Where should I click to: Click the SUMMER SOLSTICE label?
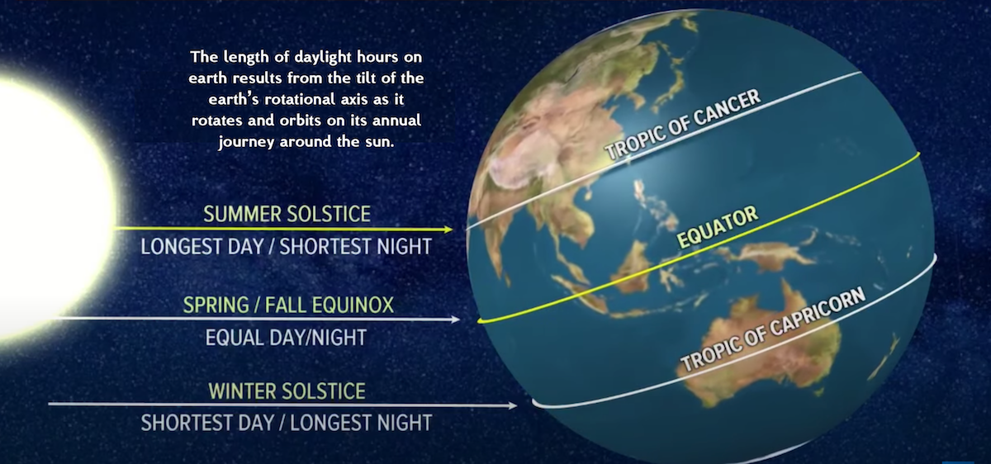point(287,214)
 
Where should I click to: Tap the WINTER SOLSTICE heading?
point(287,391)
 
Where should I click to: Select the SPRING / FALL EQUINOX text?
point(288,305)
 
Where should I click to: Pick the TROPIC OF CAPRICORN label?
point(772,329)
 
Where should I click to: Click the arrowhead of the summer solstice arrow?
point(448,230)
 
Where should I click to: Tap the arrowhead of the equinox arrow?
point(455,320)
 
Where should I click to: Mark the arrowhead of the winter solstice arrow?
point(512,405)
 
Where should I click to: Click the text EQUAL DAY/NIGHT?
point(287,338)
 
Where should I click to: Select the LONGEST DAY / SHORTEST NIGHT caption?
point(287,246)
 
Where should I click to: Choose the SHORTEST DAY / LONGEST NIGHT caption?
point(287,423)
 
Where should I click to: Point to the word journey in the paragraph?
point(246,142)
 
